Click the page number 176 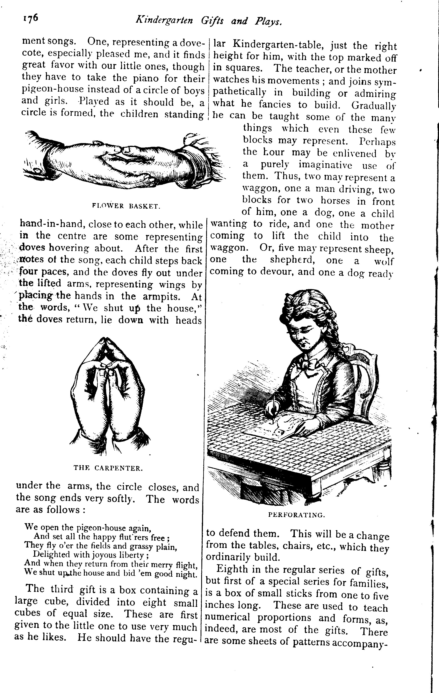coord(30,19)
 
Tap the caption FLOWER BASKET coord(126,206)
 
